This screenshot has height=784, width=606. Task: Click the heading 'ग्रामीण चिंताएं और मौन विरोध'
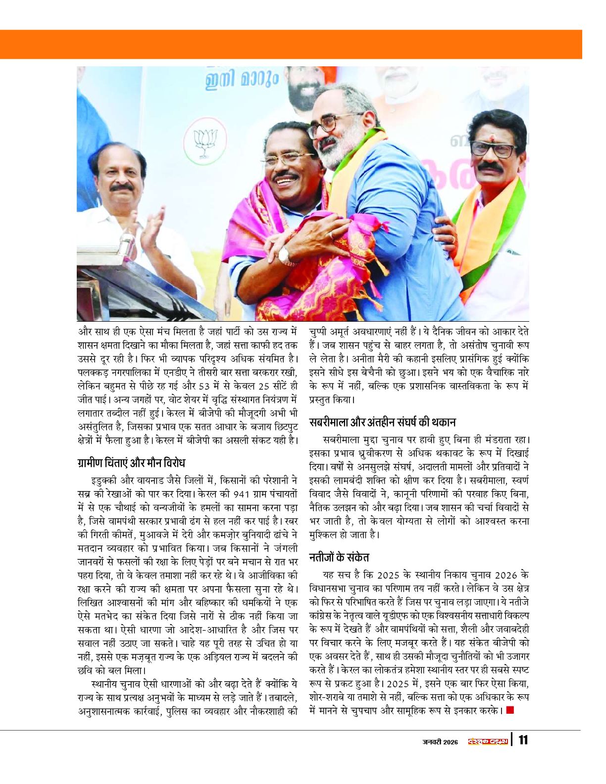(131, 463)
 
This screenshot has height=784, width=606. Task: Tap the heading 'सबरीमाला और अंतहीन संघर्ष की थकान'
(382, 422)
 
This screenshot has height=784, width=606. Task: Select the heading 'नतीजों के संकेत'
(339, 557)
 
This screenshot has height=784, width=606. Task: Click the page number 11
(523, 740)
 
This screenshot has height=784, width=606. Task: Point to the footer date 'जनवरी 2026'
(440, 741)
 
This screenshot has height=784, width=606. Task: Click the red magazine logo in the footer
(488, 741)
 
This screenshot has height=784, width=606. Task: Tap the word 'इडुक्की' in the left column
(105, 480)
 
